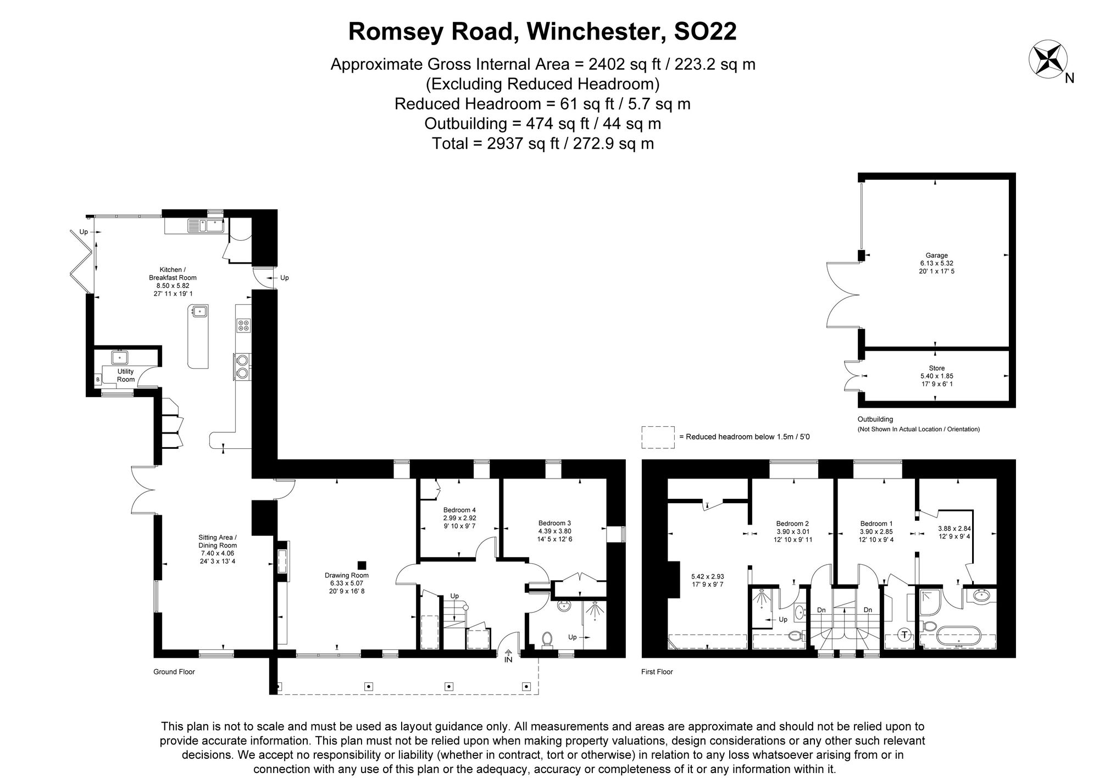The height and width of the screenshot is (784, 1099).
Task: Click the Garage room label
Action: (936, 255)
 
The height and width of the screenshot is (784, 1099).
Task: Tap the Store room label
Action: (936, 368)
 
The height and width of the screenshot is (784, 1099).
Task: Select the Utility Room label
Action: (125, 375)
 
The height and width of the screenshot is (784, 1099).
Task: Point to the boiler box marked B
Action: (98, 379)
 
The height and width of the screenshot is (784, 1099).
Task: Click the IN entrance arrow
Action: (508, 655)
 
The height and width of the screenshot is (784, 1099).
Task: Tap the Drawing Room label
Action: (346, 575)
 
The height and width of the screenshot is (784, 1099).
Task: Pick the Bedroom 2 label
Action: (792, 524)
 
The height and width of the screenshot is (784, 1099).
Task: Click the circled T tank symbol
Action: (904, 635)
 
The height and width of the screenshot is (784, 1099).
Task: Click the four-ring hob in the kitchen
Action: (243, 325)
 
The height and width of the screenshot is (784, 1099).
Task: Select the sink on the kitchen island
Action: (198, 312)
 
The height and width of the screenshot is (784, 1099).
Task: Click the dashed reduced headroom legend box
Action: (658, 437)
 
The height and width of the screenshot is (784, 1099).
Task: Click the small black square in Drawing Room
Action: (362, 565)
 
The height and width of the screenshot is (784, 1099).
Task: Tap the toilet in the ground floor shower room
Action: (547, 638)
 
